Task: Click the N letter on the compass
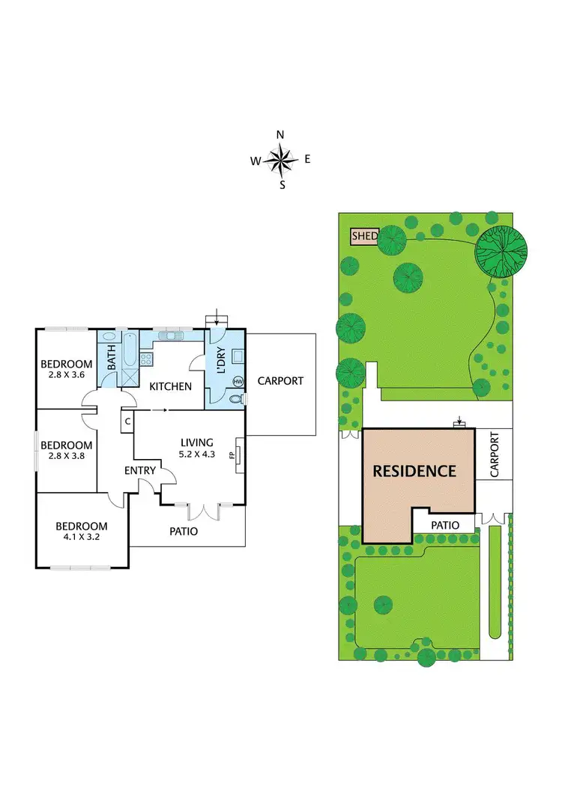(280, 135)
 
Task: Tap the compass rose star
(281, 160)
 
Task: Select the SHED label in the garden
(364, 236)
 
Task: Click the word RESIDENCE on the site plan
(414, 471)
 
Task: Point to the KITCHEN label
(171, 386)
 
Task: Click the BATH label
(112, 356)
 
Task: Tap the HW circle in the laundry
(238, 382)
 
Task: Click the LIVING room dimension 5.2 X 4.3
(197, 454)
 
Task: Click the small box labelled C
(127, 421)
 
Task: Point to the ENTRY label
(140, 470)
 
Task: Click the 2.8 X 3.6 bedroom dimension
(67, 377)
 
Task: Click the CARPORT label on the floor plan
(280, 381)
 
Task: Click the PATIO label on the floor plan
(184, 531)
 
